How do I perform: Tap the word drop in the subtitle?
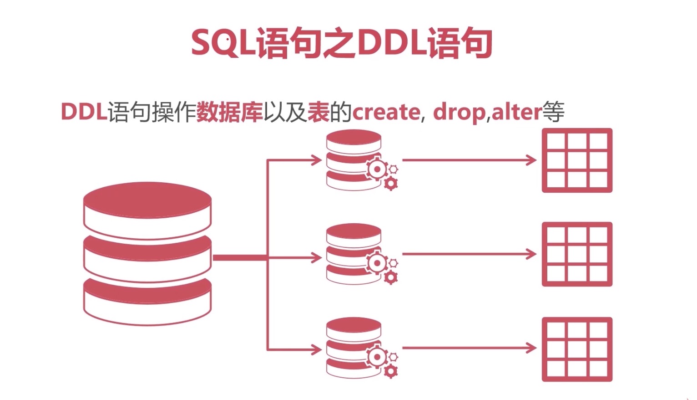coord(459,112)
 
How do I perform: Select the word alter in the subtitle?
coord(517,112)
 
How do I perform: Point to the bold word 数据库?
coord(229,112)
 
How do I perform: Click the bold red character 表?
coord(318,112)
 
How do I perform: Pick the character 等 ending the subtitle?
coord(553,112)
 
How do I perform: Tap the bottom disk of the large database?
coord(147,301)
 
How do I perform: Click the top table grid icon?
coord(577,160)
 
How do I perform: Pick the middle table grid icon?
coord(577,254)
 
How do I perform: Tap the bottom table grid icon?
coord(577,349)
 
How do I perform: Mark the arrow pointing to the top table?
coord(469,160)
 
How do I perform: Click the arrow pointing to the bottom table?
coord(469,349)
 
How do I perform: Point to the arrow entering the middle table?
coord(469,254)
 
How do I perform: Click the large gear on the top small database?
coord(377,169)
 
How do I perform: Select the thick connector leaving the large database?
coord(239,258)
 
